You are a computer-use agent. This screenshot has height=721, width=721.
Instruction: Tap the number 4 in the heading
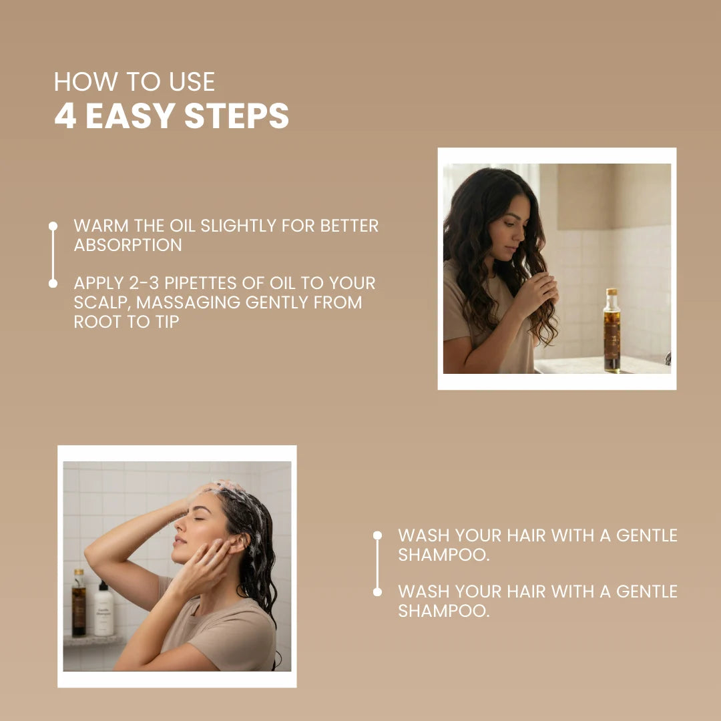65,115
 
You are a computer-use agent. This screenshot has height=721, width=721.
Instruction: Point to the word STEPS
236,115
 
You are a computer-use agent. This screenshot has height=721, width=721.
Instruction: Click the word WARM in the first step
101,226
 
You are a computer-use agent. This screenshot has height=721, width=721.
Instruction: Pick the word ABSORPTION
128,245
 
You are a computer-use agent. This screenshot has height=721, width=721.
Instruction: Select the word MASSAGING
188,302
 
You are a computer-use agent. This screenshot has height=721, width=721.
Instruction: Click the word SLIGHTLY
238,226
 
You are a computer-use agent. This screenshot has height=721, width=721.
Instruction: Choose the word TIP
167,322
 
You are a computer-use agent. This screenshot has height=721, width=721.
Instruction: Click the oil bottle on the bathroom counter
612,330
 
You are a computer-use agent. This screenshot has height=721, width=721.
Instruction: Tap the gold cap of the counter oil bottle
612,292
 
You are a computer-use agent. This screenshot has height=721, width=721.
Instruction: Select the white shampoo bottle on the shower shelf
103,609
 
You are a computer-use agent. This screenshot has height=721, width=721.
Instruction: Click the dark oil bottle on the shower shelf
79,603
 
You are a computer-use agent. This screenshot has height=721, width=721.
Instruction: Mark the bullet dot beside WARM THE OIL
53,226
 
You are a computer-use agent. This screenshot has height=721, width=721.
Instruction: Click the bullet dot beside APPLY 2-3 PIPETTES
53,283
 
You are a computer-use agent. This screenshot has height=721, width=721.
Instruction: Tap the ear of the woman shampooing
238,543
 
